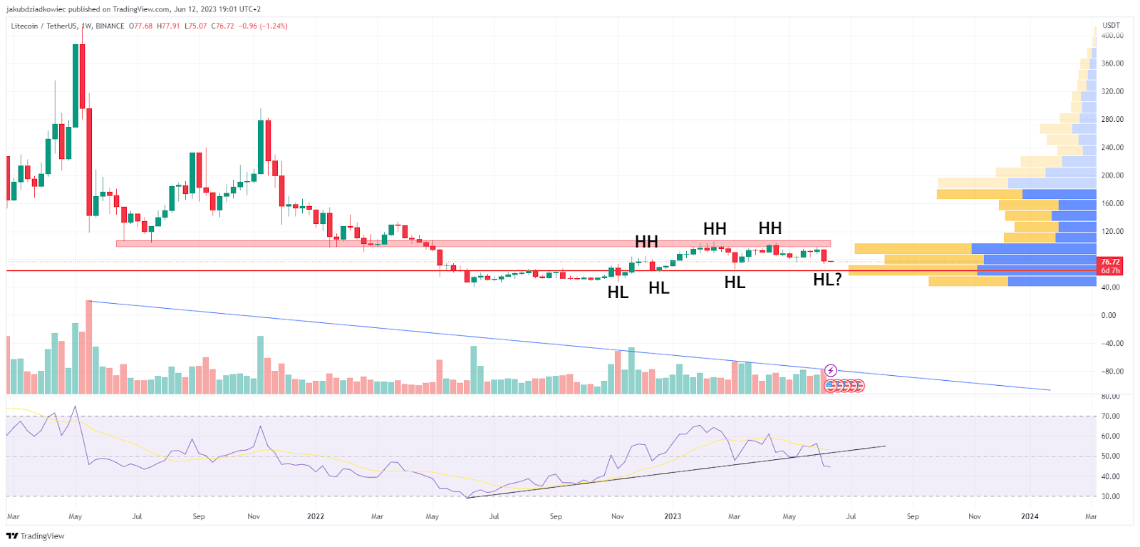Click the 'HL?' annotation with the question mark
pyautogui.click(x=827, y=280)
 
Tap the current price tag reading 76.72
pyautogui.click(x=1110, y=262)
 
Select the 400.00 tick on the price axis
pyautogui.click(x=1112, y=35)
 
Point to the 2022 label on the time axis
pyautogui.click(x=315, y=516)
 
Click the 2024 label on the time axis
pyautogui.click(x=1030, y=516)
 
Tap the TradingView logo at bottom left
pyautogui.click(x=36, y=536)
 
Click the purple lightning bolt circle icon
pyautogui.click(x=831, y=370)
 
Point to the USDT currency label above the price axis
pyautogui.click(x=1111, y=25)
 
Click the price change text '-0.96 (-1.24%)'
pyautogui.click(x=263, y=26)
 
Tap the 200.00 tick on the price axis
pyautogui.click(x=1112, y=175)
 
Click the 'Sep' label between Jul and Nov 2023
pyautogui.click(x=913, y=516)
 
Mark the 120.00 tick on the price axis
pyautogui.click(x=1112, y=231)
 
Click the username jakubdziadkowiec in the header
pyautogui.click(x=36, y=9)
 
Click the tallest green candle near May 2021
pyautogui.click(x=76, y=86)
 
